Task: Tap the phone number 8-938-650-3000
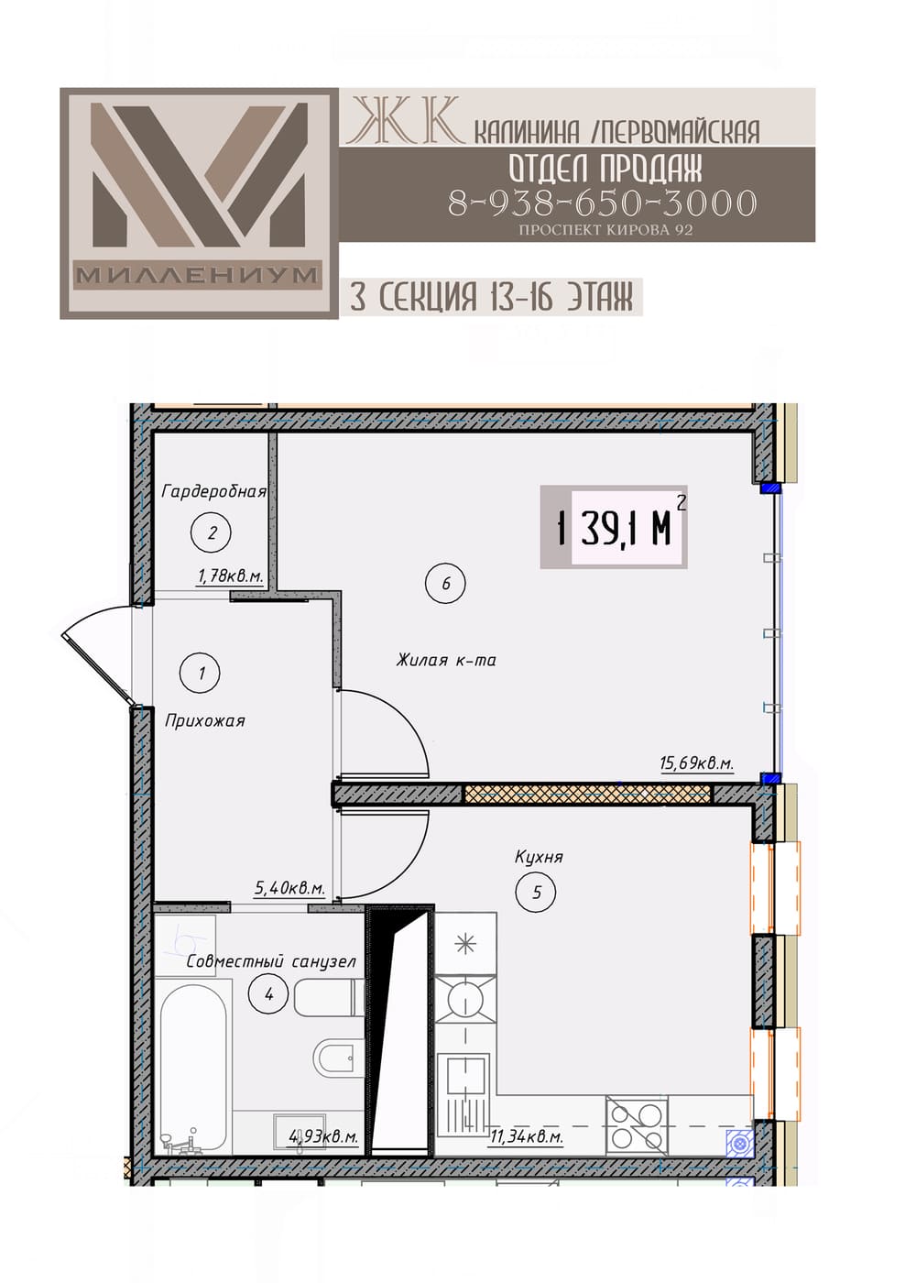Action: pyautogui.click(x=603, y=203)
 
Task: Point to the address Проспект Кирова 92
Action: pyautogui.click(x=605, y=230)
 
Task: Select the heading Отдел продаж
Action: pyautogui.click(x=605, y=169)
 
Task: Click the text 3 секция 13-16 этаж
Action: pyautogui.click(x=491, y=297)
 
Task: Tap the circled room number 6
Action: pyautogui.click(x=445, y=583)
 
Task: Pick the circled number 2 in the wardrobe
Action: pyautogui.click(x=212, y=533)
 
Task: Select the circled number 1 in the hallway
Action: pyautogui.click(x=201, y=673)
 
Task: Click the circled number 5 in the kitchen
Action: pyautogui.click(x=537, y=892)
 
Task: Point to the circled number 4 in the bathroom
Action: pyautogui.click(x=268, y=993)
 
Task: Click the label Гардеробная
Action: pyautogui.click(x=214, y=491)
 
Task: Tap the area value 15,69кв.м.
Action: pyautogui.click(x=697, y=762)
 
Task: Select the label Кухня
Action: pyautogui.click(x=539, y=857)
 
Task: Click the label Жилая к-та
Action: pyautogui.click(x=446, y=661)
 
